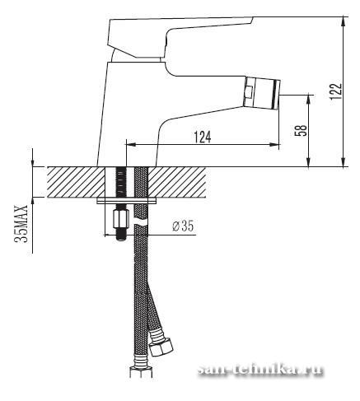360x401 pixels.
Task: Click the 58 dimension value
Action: click(301, 131)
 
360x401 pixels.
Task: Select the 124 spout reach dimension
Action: click(203, 138)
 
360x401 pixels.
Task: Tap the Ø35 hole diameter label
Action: click(183, 226)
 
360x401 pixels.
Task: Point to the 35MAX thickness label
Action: click(21, 223)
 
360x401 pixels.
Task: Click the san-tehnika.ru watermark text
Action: click(260, 369)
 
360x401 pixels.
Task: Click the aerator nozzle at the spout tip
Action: click(262, 92)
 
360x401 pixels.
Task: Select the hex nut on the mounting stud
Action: click(121, 218)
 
